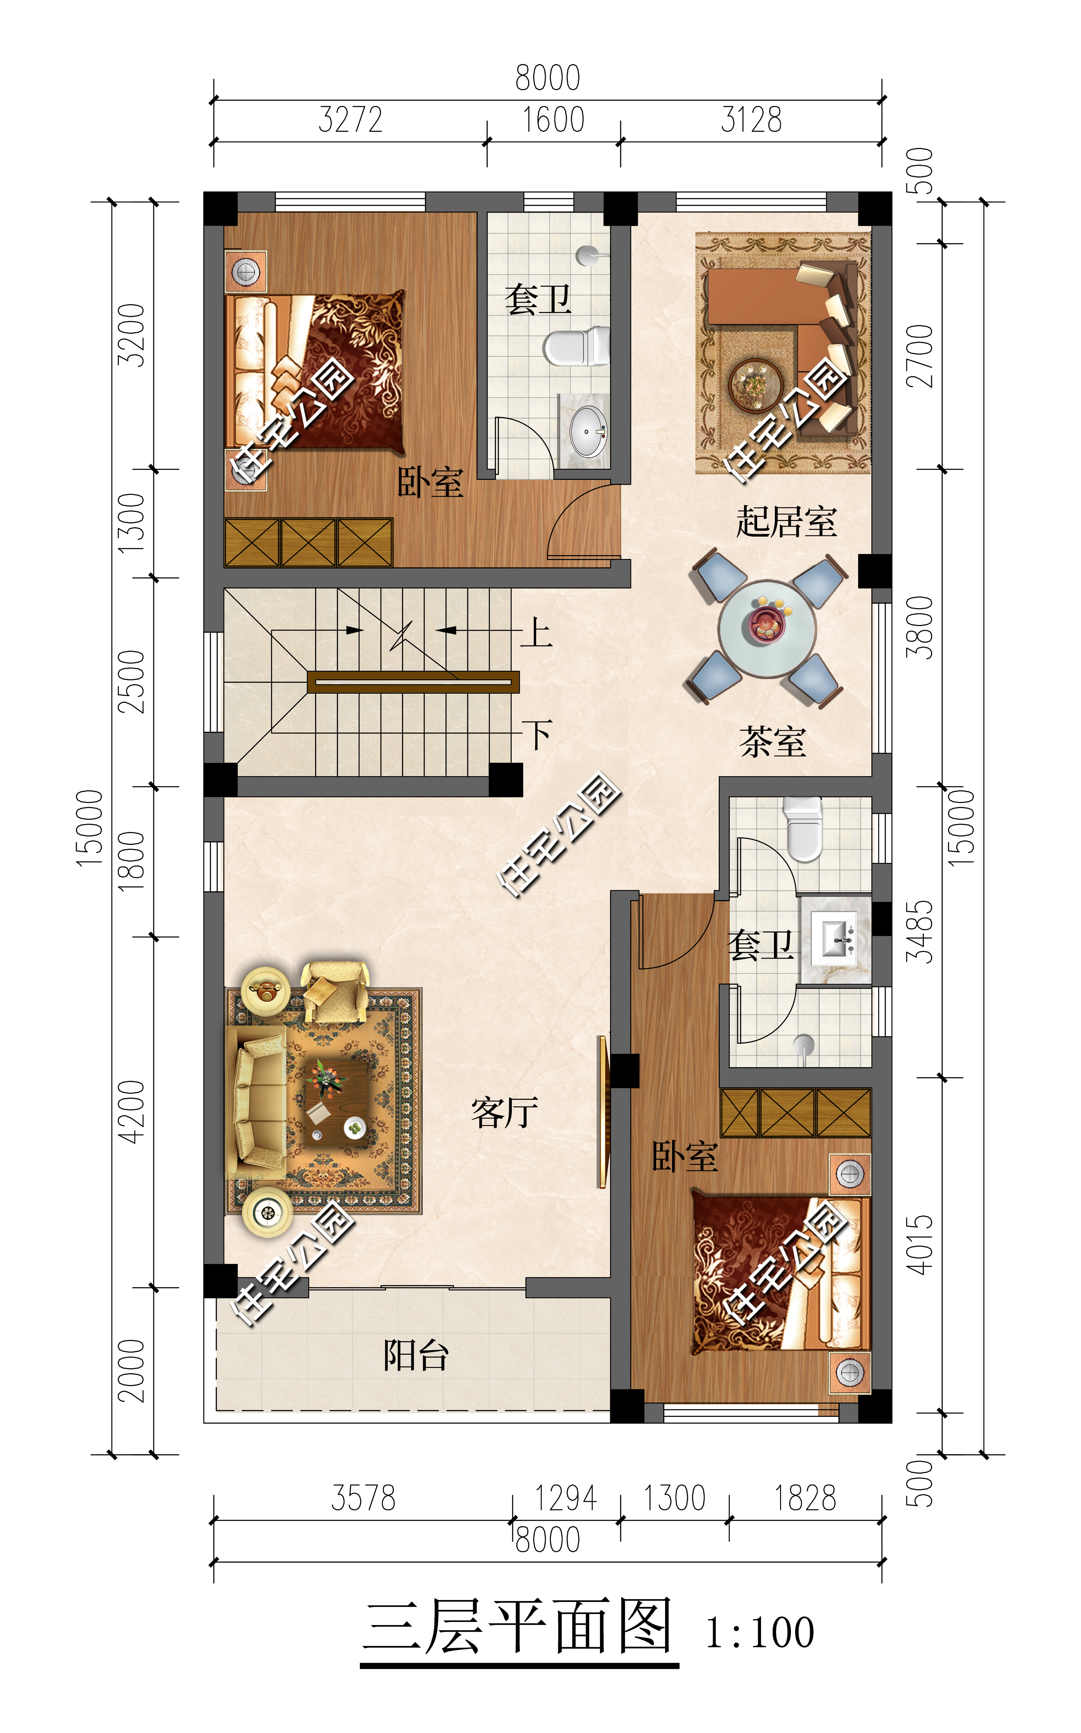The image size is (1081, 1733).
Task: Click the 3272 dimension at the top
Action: (x=350, y=119)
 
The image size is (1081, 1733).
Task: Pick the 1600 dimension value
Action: (x=553, y=119)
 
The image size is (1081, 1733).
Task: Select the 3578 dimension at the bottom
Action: (x=363, y=1498)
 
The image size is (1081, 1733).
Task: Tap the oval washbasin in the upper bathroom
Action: (x=588, y=431)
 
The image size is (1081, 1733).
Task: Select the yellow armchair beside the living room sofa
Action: (x=335, y=992)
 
